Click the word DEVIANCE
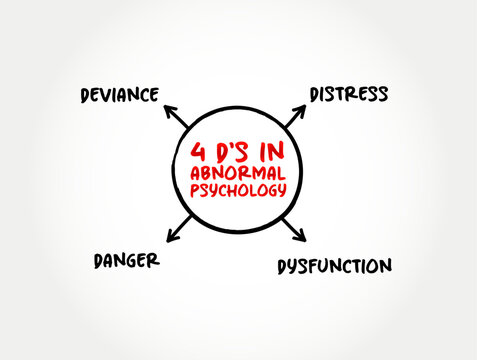[120, 95]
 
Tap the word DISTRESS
[349, 94]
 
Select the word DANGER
[127, 261]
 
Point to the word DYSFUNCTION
[335, 266]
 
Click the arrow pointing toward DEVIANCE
[176, 116]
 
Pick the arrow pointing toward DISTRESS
[295, 116]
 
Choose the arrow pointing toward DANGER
[179, 229]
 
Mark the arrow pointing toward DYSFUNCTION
[294, 230]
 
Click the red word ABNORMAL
[238, 173]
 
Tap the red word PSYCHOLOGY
[238, 191]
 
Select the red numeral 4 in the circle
[198, 152]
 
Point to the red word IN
[272, 151]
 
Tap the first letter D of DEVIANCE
[85, 96]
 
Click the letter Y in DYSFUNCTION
[293, 267]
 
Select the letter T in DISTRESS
[337, 94]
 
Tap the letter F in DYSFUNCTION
[315, 267]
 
